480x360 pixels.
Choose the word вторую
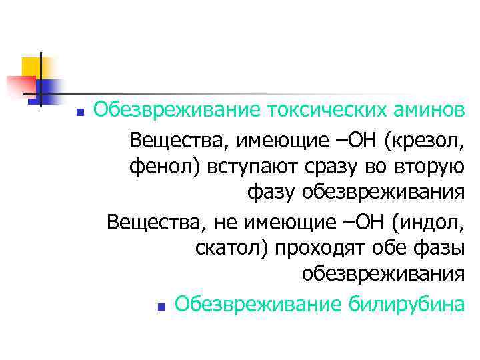[x=431, y=167]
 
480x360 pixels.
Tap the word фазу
[x=271, y=193]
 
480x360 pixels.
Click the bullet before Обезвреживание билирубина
[x=161, y=307]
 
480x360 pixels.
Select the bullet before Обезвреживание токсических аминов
[x=79, y=112]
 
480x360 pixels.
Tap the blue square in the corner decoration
[x=48, y=89]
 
